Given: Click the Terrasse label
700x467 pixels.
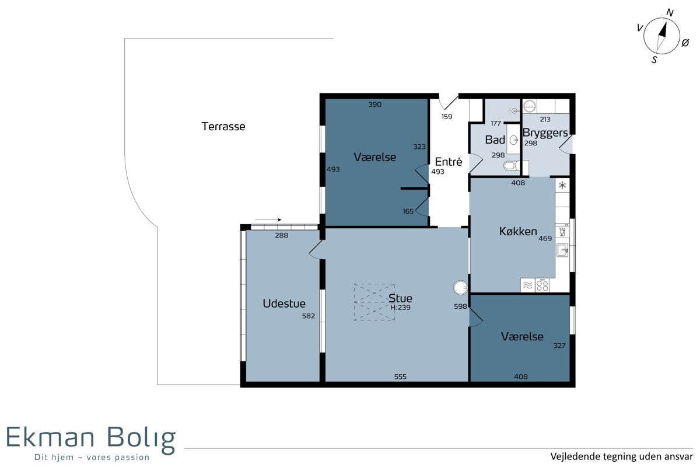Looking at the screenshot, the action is pos(223,126).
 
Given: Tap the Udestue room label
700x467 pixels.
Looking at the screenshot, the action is pos(283,304).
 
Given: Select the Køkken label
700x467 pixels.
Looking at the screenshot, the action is pos(518,232).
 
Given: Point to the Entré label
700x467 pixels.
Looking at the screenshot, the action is pos(448,161).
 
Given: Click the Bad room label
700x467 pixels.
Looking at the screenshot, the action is pos(495,140).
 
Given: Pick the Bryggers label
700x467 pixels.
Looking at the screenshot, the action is pos(545,133).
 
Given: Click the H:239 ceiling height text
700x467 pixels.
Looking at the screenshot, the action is pos(400,308).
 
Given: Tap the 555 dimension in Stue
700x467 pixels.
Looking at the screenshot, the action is pos(400,377).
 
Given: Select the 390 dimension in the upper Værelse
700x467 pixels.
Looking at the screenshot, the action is pos(374,104).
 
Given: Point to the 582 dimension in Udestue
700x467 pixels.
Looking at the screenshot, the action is pos(308,316).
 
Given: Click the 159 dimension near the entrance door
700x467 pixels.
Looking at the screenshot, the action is pos(447,117).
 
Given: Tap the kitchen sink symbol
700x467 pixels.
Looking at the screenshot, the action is pos(562,250).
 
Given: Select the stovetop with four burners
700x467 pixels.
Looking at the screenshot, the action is pos(542,285).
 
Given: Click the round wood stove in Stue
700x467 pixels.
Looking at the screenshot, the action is pos(460,287).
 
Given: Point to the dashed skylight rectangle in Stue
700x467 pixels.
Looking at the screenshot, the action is pos(374,302).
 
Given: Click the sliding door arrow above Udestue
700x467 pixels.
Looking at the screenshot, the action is pos(268,220).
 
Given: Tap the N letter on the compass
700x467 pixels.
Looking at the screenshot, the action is pos(670,12).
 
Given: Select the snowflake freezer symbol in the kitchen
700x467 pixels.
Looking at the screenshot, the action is pos(562,186).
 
